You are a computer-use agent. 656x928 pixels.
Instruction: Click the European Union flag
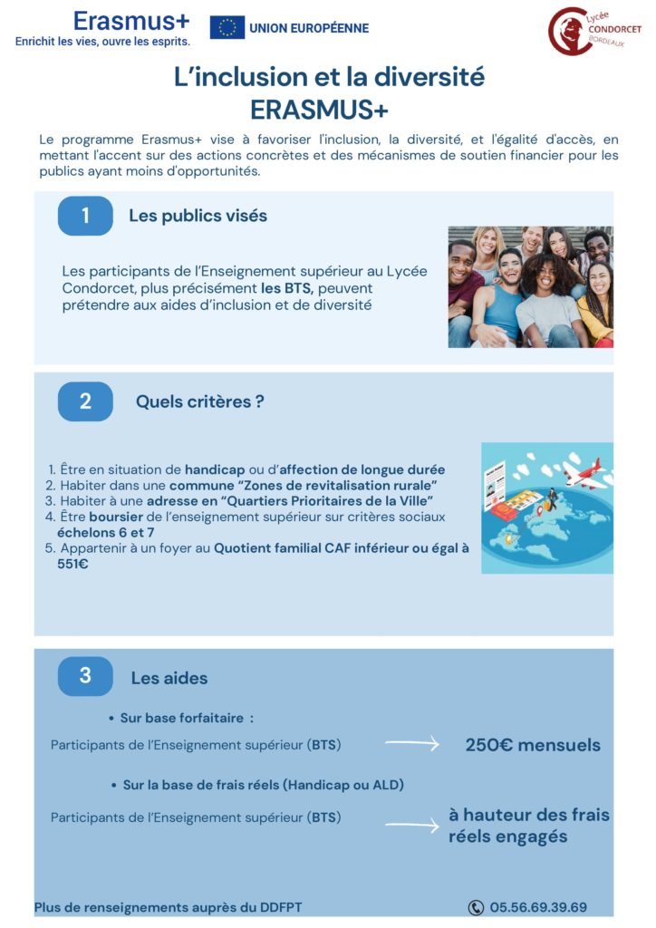click(227, 27)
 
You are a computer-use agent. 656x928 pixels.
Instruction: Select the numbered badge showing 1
click(85, 216)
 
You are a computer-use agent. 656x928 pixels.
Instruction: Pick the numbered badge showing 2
click(85, 401)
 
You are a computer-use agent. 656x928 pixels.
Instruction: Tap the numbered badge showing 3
click(85, 676)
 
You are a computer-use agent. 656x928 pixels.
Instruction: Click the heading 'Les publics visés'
click(198, 216)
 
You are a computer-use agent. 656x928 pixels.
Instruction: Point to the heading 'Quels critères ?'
click(199, 401)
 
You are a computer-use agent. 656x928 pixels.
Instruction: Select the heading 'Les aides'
click(169, 678)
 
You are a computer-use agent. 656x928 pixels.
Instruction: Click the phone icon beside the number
click(476, 907)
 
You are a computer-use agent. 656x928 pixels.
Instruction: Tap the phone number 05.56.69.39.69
click(538, 907)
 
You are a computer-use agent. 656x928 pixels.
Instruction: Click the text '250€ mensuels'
click(533, 745)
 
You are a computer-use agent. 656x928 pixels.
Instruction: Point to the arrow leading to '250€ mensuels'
click(411, 744)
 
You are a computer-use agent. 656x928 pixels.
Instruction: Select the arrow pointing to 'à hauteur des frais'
click(411, 825)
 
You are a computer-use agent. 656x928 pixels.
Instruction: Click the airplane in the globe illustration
click(584, 472)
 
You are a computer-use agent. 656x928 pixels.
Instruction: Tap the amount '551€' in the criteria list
click(72, 564)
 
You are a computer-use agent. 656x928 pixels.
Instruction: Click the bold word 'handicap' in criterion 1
click(215, 469)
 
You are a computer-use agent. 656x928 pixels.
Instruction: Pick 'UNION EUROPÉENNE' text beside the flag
click(308, 28)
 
